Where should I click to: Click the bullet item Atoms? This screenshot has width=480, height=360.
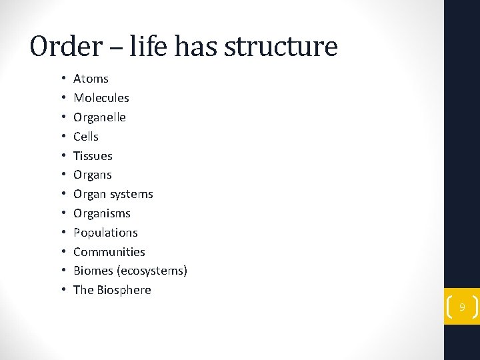91,79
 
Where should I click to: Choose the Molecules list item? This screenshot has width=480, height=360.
101,98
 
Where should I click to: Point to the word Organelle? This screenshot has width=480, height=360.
99,117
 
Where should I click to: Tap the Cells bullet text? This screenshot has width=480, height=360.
86,137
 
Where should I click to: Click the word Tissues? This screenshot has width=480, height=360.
93,156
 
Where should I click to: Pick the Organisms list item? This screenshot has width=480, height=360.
102,214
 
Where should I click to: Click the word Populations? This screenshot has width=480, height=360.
105,233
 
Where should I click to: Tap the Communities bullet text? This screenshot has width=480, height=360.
109,252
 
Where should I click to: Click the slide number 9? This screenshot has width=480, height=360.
461,307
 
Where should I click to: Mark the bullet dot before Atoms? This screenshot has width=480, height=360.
62,79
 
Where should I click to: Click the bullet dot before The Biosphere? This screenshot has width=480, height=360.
62,290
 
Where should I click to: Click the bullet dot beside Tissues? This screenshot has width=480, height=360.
62,156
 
